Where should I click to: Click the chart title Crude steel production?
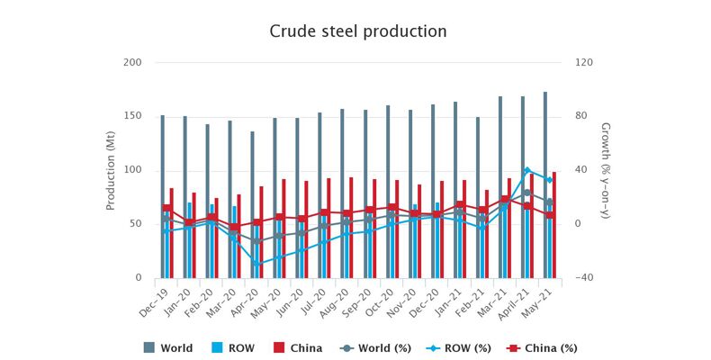pyautogui.click(x=358, y=31)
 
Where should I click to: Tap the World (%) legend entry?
pyautogui.click(x=372, y=347)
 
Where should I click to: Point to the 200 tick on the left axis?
pyautogui.click(x=132, y=62)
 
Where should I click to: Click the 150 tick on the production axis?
pyautogui.click(x=132, y=116)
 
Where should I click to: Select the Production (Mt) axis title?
pyautogui.click(x=111, y=170)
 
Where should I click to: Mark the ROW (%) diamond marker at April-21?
pyautogui.click(x=527, y=170)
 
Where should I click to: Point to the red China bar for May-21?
pyautogui.click(x=554, y=225)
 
